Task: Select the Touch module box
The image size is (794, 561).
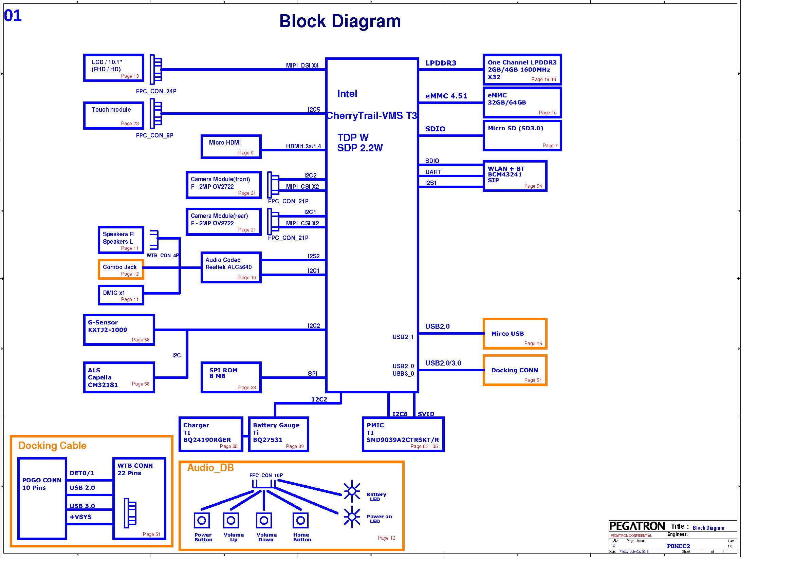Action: pyautogui.click(x=113, y=115)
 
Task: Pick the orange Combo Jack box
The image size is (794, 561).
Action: pyautogui.click(x=121, y=269)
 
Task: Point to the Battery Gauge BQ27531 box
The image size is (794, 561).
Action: pyautogui.click(x=278, y=434)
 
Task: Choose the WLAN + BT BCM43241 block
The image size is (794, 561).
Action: pyautogui.click(x=515, y=175)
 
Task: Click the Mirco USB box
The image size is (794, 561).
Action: pyautogui.click(x=515, y=334)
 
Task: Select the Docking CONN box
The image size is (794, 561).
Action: pyautogui.click(x=515, y=370)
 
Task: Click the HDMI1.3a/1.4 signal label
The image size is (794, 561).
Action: pyautogui.click(x=303, y=146)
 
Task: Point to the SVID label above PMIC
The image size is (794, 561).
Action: pyautogui.click(x=426, y=414)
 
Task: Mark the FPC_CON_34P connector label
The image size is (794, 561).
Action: pyautogui.click(x=156, y=91)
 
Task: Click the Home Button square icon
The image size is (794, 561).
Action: pyautogui.click(x=300, y=520)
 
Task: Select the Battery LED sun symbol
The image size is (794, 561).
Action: pyautogui.click(x=352, y=491)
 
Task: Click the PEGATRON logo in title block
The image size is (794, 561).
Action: pyautogui.click(x=636, y=526)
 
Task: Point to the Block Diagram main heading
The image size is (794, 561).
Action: pyautogui.click(x=340, y=21)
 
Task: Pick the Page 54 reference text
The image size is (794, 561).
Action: pyautogui.click(x=533, y=186)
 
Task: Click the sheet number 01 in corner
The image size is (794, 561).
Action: pyautogui.click(x=13, y=16)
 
